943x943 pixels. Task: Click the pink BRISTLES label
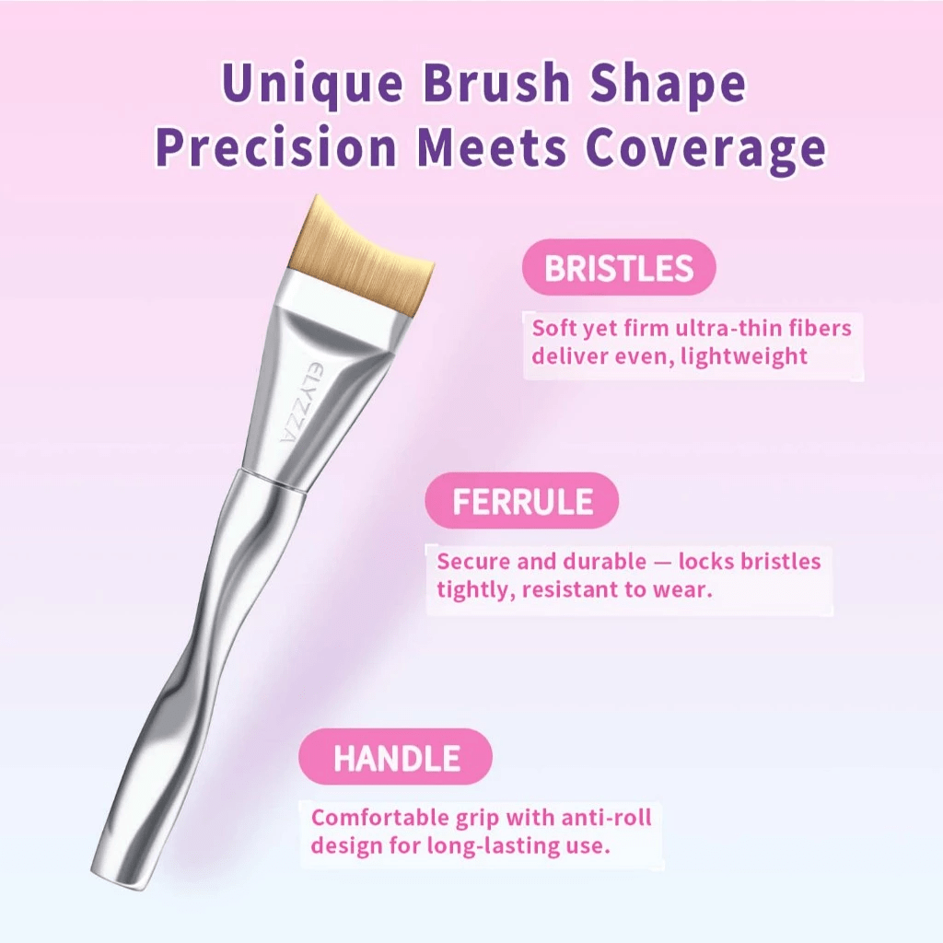coord(618,268)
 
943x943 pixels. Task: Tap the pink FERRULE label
coord(522,502)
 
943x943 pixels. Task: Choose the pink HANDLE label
coord(396,758)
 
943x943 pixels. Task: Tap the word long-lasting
coord(483,845)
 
